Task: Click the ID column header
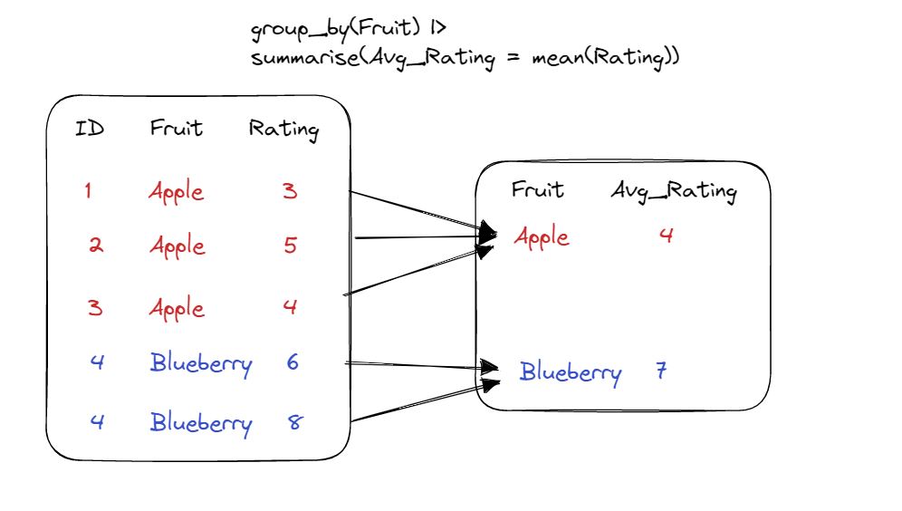click(x=90, y=129)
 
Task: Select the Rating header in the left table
click(x=283, y=130)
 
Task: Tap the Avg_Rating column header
click(x=674, y=191)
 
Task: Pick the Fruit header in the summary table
click(x=537, y=189)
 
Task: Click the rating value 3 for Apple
click(x=290, y=191)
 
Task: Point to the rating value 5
click(x=290, y=246)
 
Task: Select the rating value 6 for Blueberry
click(x=292, y=362)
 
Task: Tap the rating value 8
click(x=295, y=422)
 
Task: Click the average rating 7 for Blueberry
click(x=662, y=371)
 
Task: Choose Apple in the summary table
click(x=542, y=237)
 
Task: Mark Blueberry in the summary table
click(x=571, y=372)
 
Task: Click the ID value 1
click(x=88, y=191)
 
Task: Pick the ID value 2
click(x=94, y=246)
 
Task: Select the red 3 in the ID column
click(x=94, y=307)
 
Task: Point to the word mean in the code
click(x=555, y=57)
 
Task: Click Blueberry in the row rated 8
click(x=201, y=423)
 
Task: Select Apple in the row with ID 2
click(x=177, y=246)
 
